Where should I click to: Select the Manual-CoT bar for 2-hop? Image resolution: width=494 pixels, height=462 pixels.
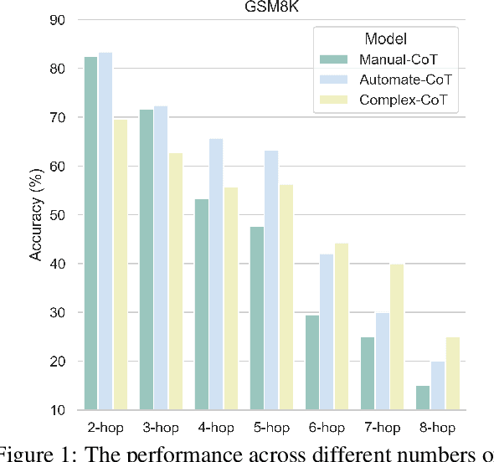(x=90, y=234)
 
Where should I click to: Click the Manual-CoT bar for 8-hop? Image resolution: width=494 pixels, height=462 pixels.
(x=422, y=398)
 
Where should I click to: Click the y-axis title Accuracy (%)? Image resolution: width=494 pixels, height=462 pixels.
(x=36, y=215)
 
